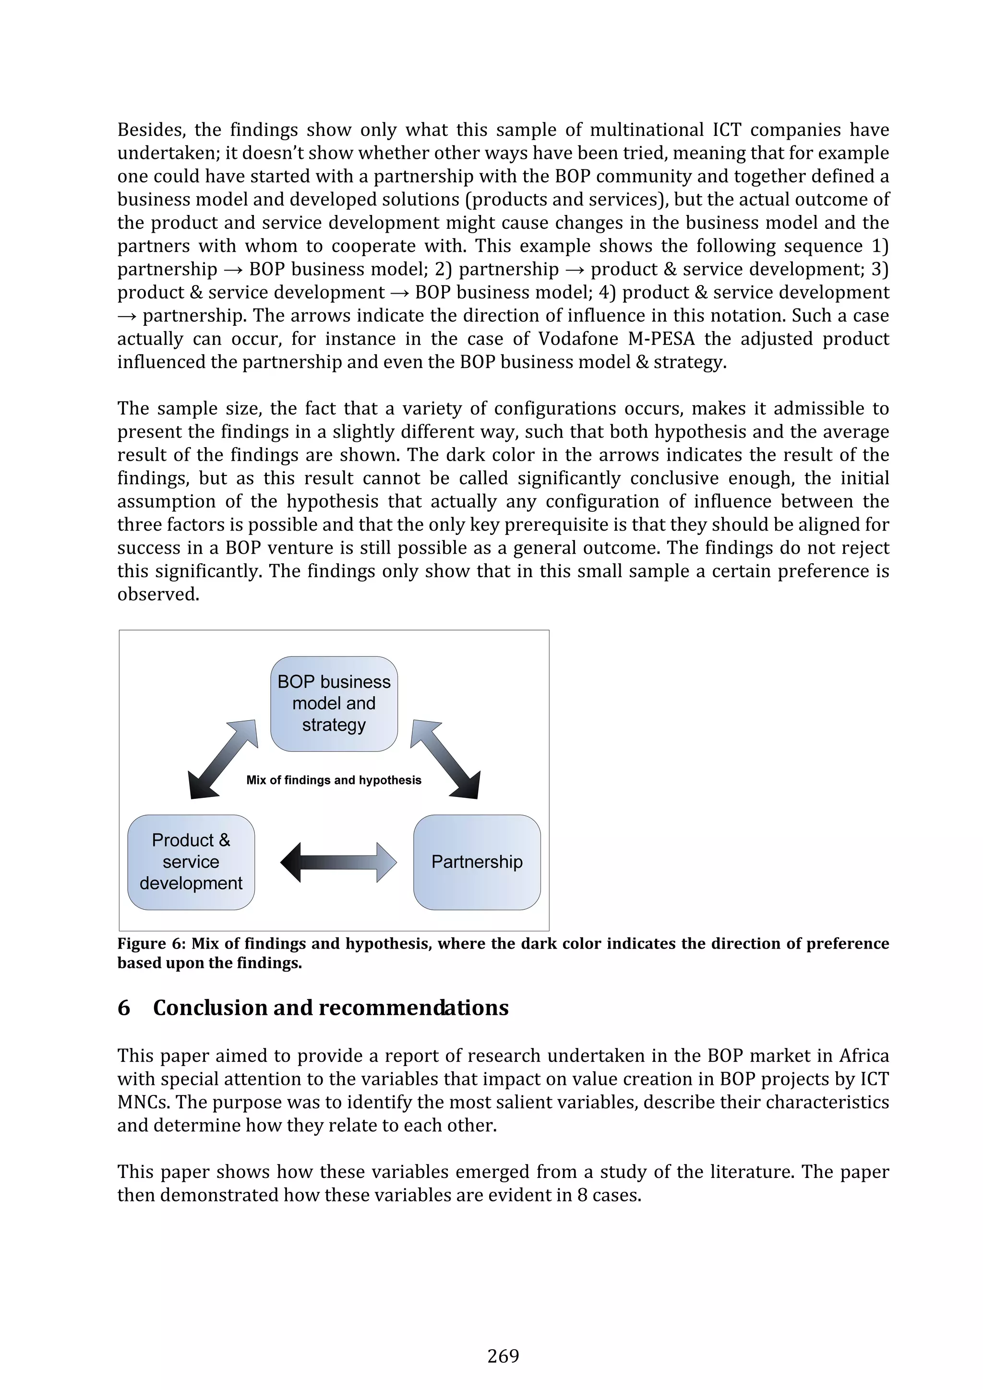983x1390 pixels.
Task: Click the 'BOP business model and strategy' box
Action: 334,703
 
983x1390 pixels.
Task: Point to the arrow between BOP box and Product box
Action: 223,759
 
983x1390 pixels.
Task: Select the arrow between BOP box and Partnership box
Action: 446,759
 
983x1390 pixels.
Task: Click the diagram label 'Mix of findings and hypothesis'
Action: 334,780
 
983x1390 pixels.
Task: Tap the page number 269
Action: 503,1355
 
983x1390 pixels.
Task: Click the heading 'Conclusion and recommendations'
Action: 331,1008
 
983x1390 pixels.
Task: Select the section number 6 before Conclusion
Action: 123,1008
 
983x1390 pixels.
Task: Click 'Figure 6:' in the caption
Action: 151,944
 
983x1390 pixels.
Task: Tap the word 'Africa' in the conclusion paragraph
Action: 863,1056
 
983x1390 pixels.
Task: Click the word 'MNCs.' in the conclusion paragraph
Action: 144,1103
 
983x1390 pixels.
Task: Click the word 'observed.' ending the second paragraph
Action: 158,594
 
